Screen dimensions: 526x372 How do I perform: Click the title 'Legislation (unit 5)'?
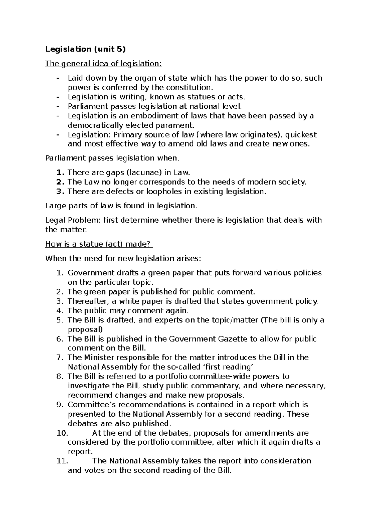click(86, 49)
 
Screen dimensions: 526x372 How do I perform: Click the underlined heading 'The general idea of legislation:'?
click(103, 64)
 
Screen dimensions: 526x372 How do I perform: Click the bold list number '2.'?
click(61, 182)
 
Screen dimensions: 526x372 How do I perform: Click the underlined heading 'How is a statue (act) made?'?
click(99, 244)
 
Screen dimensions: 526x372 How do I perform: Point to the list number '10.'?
click(62, 433)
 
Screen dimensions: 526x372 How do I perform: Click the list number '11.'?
click(62, 461)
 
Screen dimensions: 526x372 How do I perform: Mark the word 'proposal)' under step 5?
click(85, 329)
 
